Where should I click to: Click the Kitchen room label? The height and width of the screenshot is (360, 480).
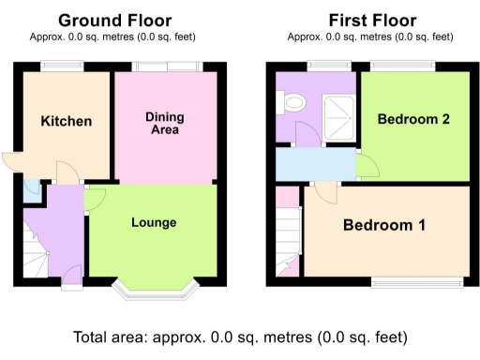tap(66, 121)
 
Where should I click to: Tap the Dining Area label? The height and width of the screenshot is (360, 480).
tap(164, 123)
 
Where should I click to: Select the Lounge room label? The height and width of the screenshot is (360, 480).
tap(154, 222)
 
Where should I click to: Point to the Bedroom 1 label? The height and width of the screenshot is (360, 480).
tap(383, 225)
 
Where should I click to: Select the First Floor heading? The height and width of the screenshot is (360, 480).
tap(373, 20)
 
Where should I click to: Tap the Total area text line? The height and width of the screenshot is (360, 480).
tap(240, 337)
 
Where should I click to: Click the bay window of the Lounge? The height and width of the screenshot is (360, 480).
tap(154, 287)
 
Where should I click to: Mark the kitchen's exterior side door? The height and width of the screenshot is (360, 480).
tap(9, 162)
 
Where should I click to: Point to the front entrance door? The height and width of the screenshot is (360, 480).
tap(70, 275)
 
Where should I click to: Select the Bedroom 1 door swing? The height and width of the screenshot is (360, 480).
tap(325, 193)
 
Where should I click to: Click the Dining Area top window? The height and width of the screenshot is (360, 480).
tap(166, 66)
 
